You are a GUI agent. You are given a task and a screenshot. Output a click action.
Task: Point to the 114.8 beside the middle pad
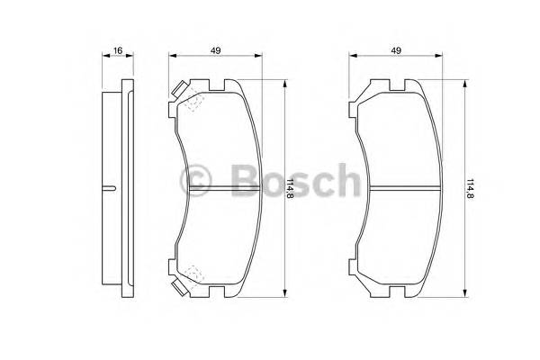290,190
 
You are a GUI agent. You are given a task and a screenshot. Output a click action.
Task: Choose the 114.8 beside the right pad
470,190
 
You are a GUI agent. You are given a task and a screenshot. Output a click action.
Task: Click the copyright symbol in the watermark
195,179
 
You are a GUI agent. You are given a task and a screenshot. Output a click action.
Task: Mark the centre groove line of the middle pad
220,188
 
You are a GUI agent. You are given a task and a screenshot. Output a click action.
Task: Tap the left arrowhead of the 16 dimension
98,56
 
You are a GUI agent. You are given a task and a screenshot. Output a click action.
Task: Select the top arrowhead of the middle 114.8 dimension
284,83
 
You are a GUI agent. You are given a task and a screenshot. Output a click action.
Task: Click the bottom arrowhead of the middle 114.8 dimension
284,293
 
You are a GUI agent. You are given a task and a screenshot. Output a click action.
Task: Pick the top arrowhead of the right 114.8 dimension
464,83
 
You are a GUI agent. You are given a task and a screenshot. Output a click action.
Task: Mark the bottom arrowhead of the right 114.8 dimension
464,293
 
